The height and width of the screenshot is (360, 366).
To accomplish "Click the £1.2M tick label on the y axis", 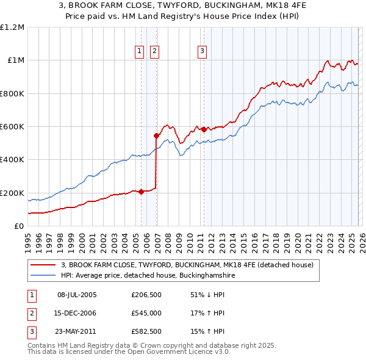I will [12, 27].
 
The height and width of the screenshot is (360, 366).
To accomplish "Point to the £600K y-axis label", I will [12, 126].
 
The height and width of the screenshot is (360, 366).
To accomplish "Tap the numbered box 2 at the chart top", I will [154, 52].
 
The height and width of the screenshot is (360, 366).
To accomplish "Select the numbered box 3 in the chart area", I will [202, 52].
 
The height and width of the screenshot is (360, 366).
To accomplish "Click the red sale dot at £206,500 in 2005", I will [141, 192].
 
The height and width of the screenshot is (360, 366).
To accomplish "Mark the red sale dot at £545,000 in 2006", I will [157, 135].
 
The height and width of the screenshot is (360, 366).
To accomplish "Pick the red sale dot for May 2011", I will [204, 129].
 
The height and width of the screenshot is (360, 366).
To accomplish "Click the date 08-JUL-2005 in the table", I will [77, 295].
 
